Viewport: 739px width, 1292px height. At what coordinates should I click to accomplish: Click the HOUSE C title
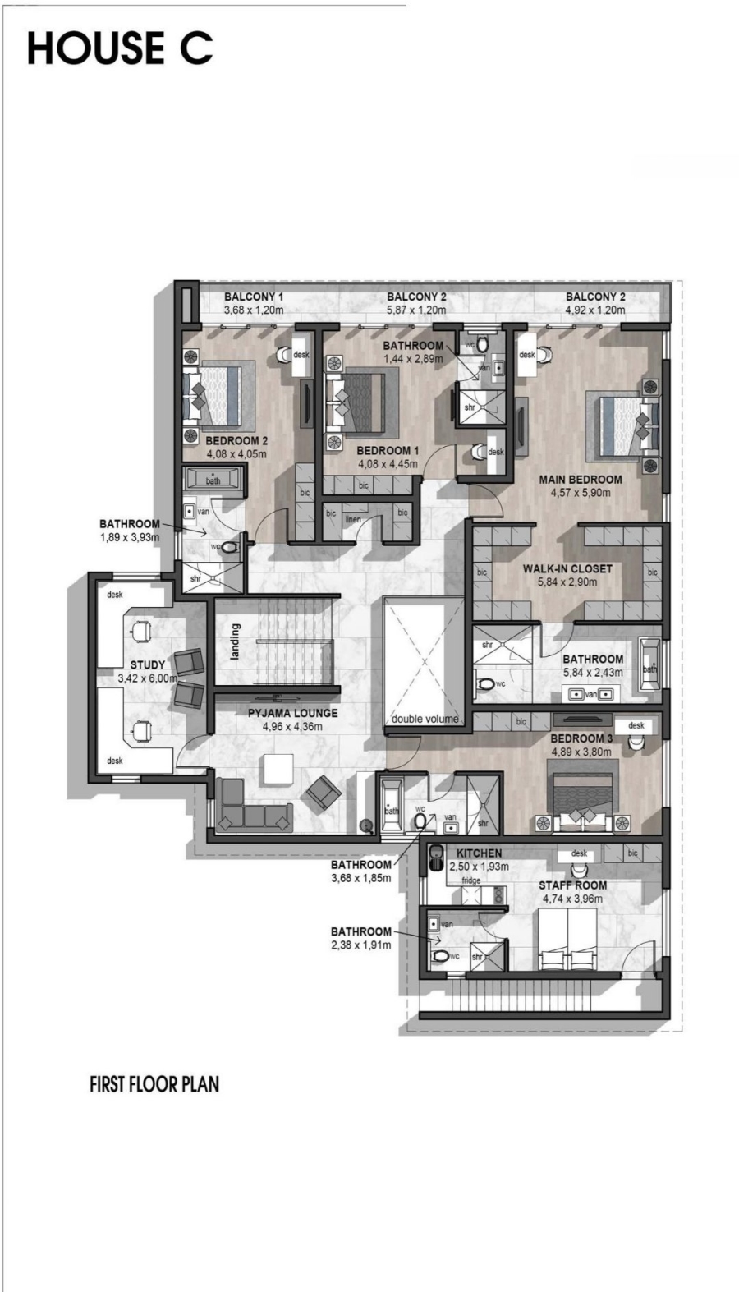[x=120, y=48]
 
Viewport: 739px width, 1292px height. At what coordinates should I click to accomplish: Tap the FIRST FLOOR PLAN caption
[x=154, y=1083]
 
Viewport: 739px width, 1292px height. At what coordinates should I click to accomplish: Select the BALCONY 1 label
[x=254, y=297]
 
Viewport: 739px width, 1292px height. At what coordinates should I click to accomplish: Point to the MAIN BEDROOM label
[x=581, y=480]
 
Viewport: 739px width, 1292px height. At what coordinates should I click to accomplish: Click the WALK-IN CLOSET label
[x=567, y=568]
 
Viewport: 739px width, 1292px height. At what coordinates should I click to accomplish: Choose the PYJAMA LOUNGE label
[x=293, y=714]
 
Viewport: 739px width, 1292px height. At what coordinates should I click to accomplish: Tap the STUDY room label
[x=148, y=665]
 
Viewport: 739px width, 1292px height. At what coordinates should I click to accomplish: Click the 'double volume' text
[x=425, y=720]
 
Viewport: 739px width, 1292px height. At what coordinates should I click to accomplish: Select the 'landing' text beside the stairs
[x=235, y=641]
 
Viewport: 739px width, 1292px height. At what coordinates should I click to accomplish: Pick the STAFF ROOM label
[x=572, y=885]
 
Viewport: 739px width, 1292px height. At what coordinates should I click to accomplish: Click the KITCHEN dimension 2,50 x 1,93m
[x=479, y=867]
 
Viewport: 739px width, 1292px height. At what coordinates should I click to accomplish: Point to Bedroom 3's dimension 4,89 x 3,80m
[x=581, y=752]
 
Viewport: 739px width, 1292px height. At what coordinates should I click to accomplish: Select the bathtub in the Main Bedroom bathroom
[x=649, y=664]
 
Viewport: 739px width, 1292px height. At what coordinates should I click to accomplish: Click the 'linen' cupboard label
[x=353, y=520]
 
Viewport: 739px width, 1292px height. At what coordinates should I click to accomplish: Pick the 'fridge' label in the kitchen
[x=471, y=880]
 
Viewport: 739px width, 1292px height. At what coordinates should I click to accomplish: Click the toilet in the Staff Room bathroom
[x=442, y=956]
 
